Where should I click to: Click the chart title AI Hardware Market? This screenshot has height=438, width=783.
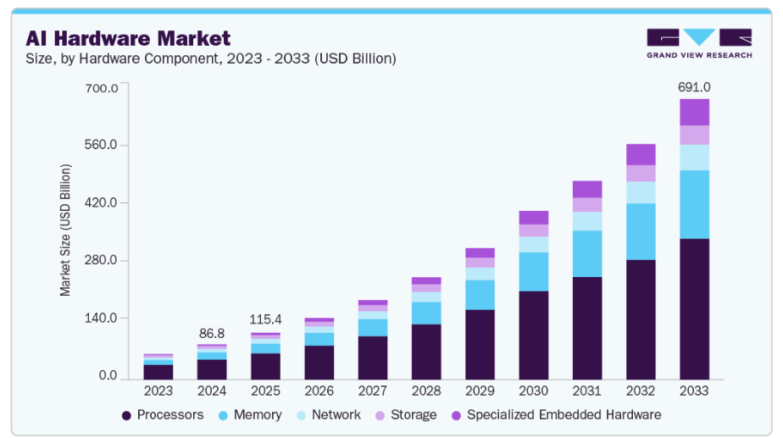[x=127, y=38]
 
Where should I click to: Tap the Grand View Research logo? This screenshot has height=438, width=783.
[x=698, y=43]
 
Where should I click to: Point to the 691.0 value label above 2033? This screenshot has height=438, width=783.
[x=694, y=87]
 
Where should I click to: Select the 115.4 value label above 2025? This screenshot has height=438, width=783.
[x=265, y=320]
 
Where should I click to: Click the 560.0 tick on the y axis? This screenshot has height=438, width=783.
[x=101, y=145]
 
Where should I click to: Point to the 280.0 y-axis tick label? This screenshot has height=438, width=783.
[x=101, y=260]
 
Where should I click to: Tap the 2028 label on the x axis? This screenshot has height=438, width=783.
[x=426, y=391]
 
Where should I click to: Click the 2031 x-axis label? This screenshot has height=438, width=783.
[x=586, y=391]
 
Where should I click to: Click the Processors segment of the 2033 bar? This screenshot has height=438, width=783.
[x=694, y=308]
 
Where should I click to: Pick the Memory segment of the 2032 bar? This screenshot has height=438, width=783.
[x=641, y=231]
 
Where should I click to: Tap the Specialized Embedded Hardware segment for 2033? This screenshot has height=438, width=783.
[x=694, y=112]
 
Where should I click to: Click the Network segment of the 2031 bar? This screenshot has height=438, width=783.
[x=586, y=221]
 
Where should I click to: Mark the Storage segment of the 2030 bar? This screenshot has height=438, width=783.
[x=534, y=230]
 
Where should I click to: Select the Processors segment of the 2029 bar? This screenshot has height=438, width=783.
[x=480, y=344]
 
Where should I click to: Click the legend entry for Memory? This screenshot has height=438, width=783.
[x=249, y=415]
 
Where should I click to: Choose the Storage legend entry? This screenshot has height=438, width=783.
[x=407, y=415]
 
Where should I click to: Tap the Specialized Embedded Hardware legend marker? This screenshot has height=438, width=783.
[x=456, y=415]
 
